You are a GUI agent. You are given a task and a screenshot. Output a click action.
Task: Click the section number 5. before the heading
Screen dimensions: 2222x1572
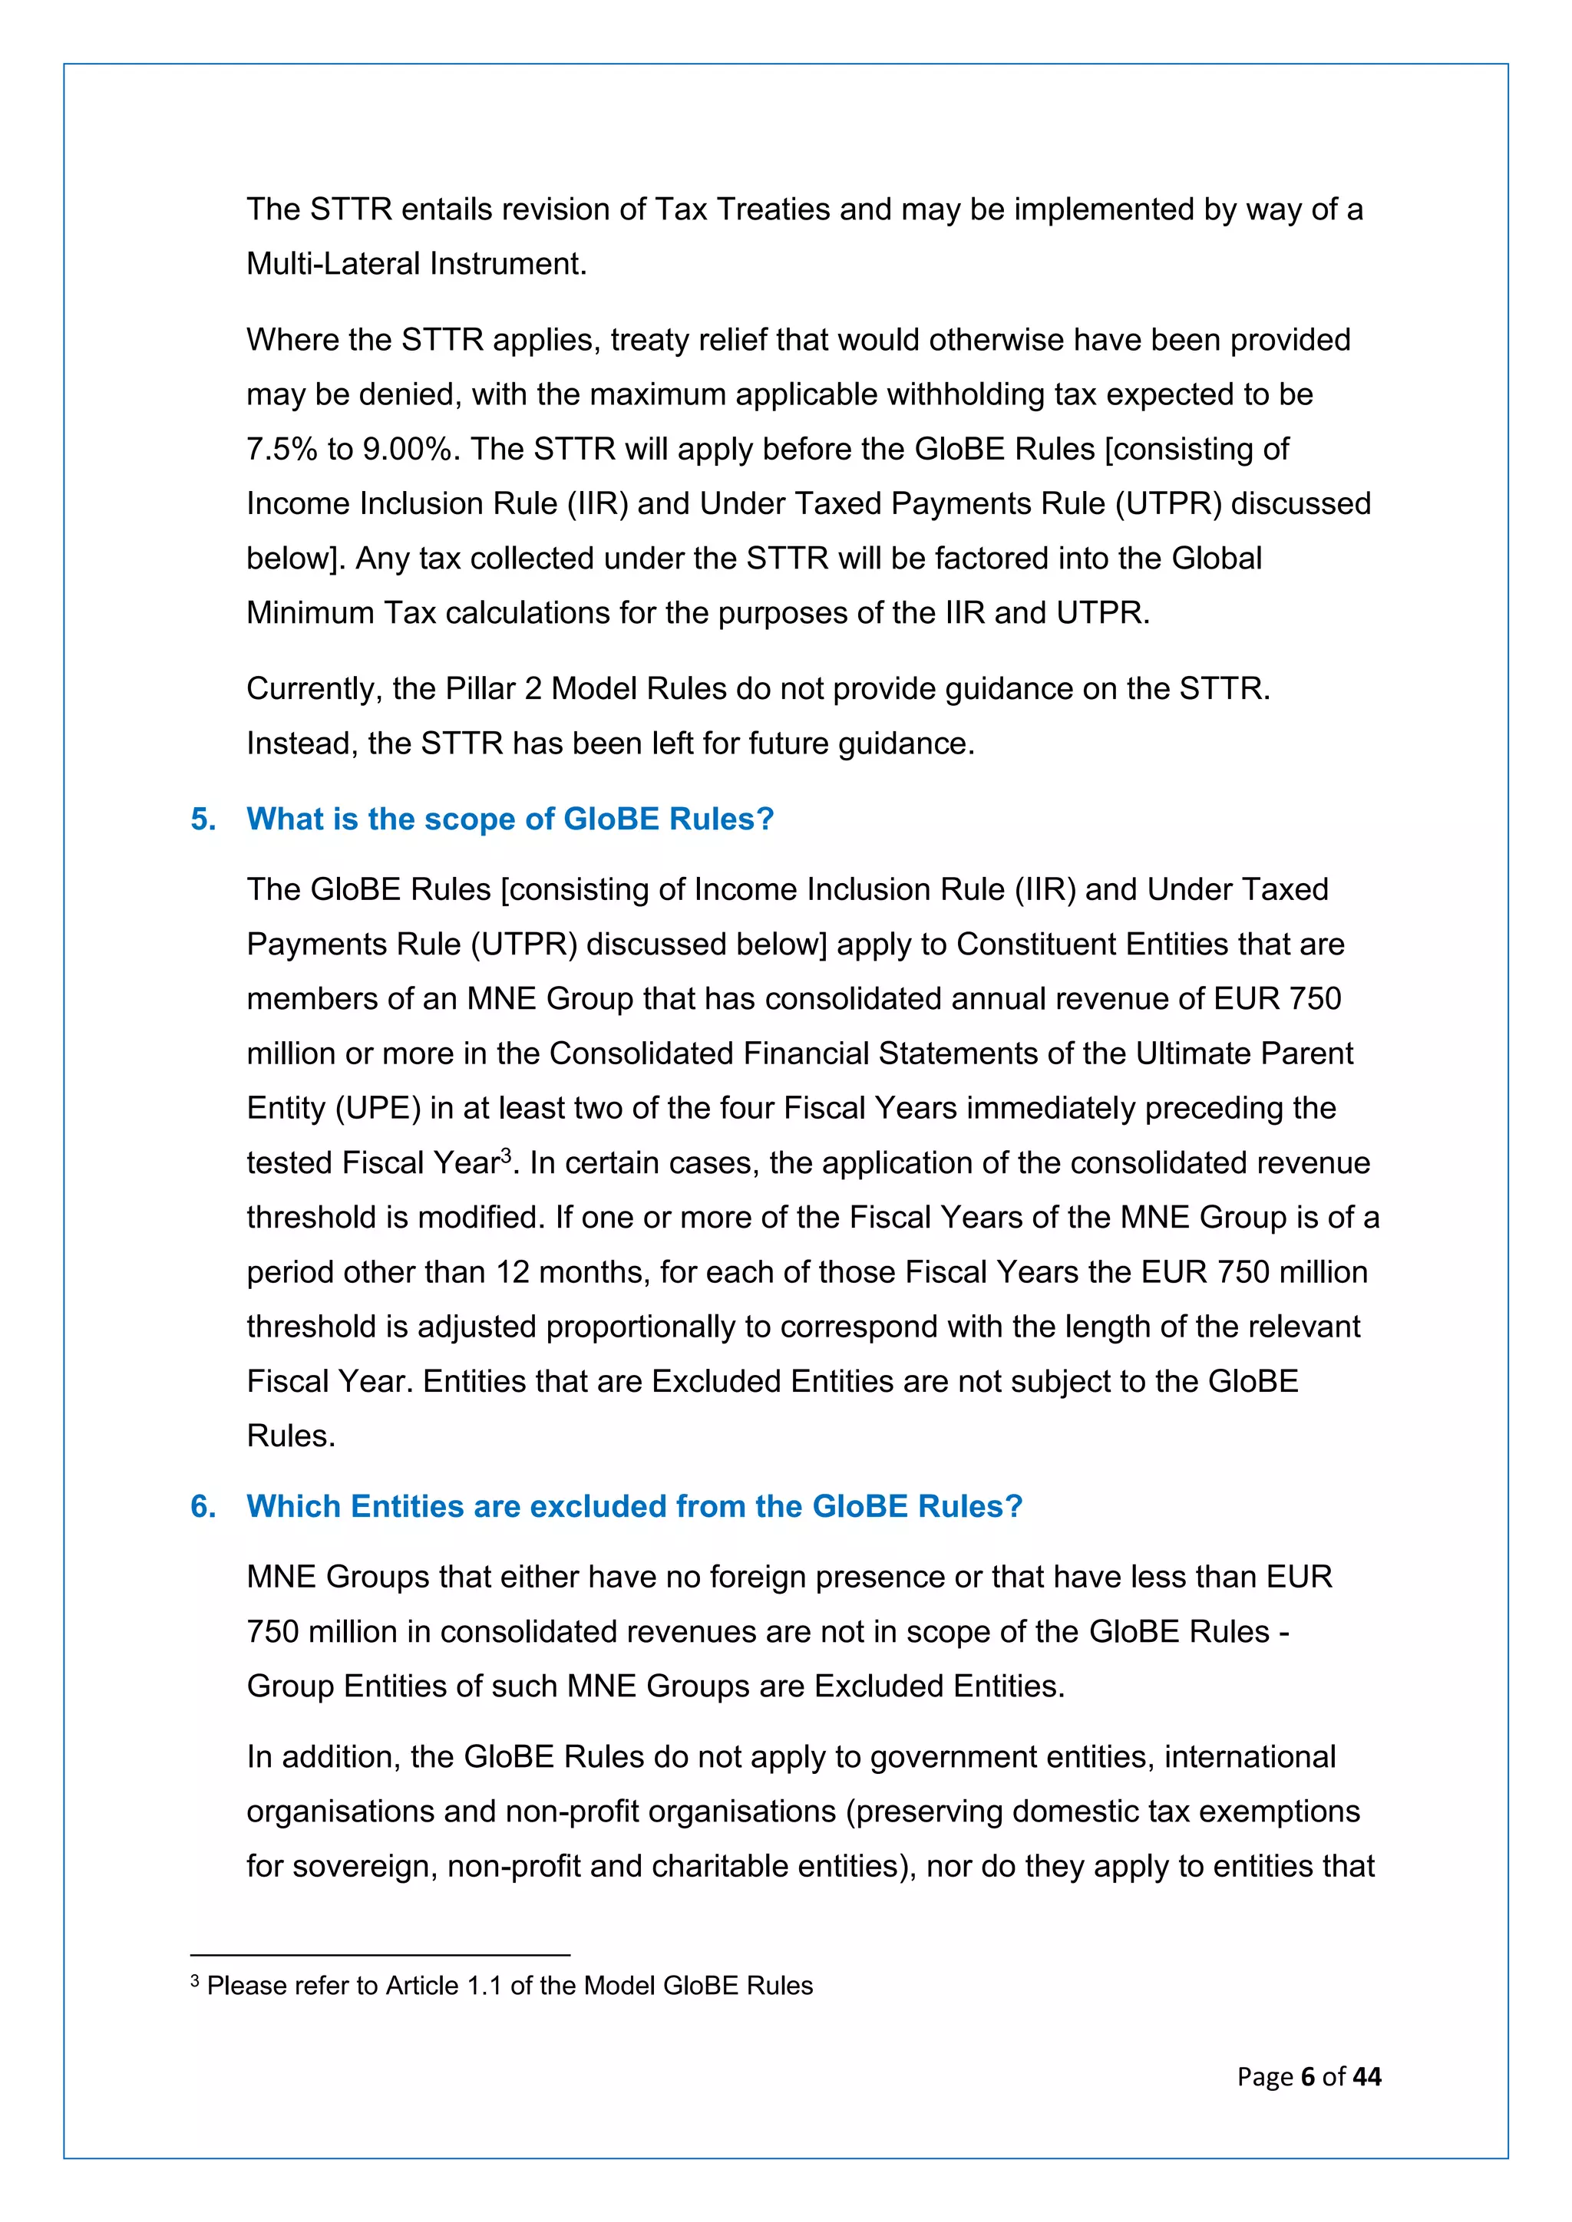[x=203, y=819]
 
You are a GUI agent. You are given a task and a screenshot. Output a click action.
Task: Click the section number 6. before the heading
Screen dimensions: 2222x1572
[x=203, y=1507]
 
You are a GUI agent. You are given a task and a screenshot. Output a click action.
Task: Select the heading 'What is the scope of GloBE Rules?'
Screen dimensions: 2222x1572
[x=510, y=819]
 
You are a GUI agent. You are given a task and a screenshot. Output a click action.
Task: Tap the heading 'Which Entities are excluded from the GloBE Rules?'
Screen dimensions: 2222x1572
[x=634, y=1507]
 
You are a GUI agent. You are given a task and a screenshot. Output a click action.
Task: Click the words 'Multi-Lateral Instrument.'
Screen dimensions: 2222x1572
[x=416, y=263]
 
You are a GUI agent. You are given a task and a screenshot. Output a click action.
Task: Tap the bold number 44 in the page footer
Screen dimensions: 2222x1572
[x=1367, y=2077]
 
